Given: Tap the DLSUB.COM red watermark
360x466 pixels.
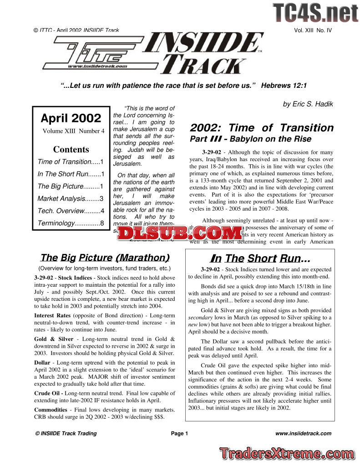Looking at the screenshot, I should tap(180, 233).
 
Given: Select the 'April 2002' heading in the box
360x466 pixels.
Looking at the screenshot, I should tap(71, 118).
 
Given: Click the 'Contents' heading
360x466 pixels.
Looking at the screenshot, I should tap(71, 149).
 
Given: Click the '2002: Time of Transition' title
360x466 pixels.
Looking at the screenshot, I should tap(262, 128).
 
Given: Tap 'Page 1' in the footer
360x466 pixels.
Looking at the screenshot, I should tap(179, 433).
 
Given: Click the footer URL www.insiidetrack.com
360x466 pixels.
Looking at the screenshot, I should tap(304, 433).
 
